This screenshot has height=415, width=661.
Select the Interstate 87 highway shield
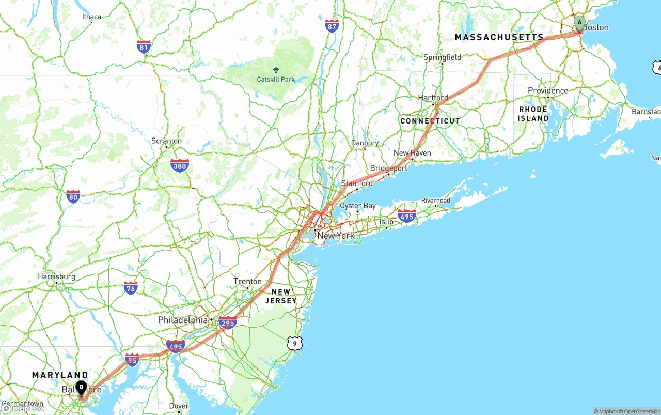point(332,26)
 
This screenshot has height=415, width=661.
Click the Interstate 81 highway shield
point(144,47)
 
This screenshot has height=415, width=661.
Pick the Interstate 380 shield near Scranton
point(179,165)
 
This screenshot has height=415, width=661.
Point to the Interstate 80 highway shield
point(73,196)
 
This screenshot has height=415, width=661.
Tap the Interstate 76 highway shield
point(131,288)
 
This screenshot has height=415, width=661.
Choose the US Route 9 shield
point(294,342)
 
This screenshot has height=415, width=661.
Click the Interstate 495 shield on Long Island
point(407,216)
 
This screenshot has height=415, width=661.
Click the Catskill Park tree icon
point(275,70)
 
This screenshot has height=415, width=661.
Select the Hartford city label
point(433,98)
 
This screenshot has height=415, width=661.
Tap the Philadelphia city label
point(182,320)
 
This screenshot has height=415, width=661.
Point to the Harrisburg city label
point(56,276)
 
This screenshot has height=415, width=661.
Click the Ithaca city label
point(92,17)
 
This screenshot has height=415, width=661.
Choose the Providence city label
point(548,90)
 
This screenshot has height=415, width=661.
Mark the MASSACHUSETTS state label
point(499,37)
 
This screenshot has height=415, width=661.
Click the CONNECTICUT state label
point(430,121)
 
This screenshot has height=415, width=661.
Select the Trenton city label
point(247,281)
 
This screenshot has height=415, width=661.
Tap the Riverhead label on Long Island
point(435,201)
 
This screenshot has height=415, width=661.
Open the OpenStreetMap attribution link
point(640,411)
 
